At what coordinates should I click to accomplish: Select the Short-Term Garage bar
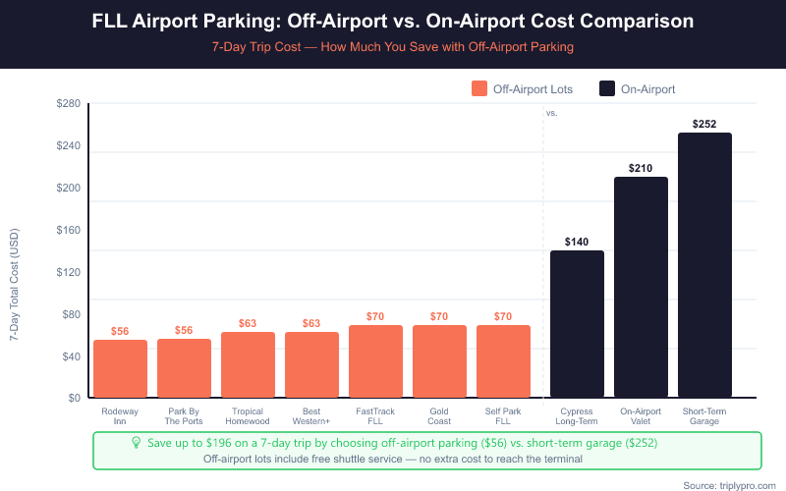[704, 265]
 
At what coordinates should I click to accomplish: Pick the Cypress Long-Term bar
[577, 324]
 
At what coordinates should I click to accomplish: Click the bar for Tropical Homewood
[248, 364]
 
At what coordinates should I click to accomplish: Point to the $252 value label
[704, 124]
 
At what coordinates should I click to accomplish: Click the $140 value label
[577, 242]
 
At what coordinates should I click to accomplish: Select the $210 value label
[641, 168]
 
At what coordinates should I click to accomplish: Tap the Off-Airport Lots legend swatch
[479, 88]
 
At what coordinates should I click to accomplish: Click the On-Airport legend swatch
[607, 88]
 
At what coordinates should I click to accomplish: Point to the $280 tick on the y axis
[68, 104]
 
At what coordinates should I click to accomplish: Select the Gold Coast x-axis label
[439, 415]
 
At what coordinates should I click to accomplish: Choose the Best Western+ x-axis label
[311, 415]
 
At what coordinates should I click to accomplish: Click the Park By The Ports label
[184, 415]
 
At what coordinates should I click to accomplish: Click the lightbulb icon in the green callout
[137, 443]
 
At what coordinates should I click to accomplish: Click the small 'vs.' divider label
[551, 113]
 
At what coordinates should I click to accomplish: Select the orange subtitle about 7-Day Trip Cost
[393, 46]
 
